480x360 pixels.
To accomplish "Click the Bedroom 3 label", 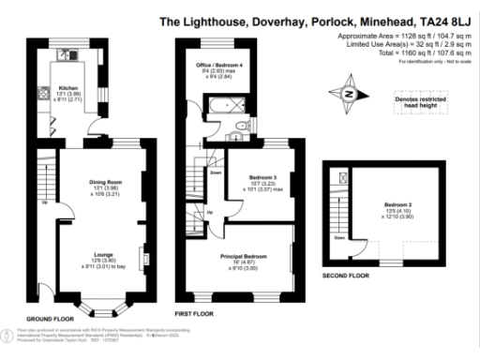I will click(262, 176).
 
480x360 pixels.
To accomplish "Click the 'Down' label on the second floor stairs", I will click(338, 236).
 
